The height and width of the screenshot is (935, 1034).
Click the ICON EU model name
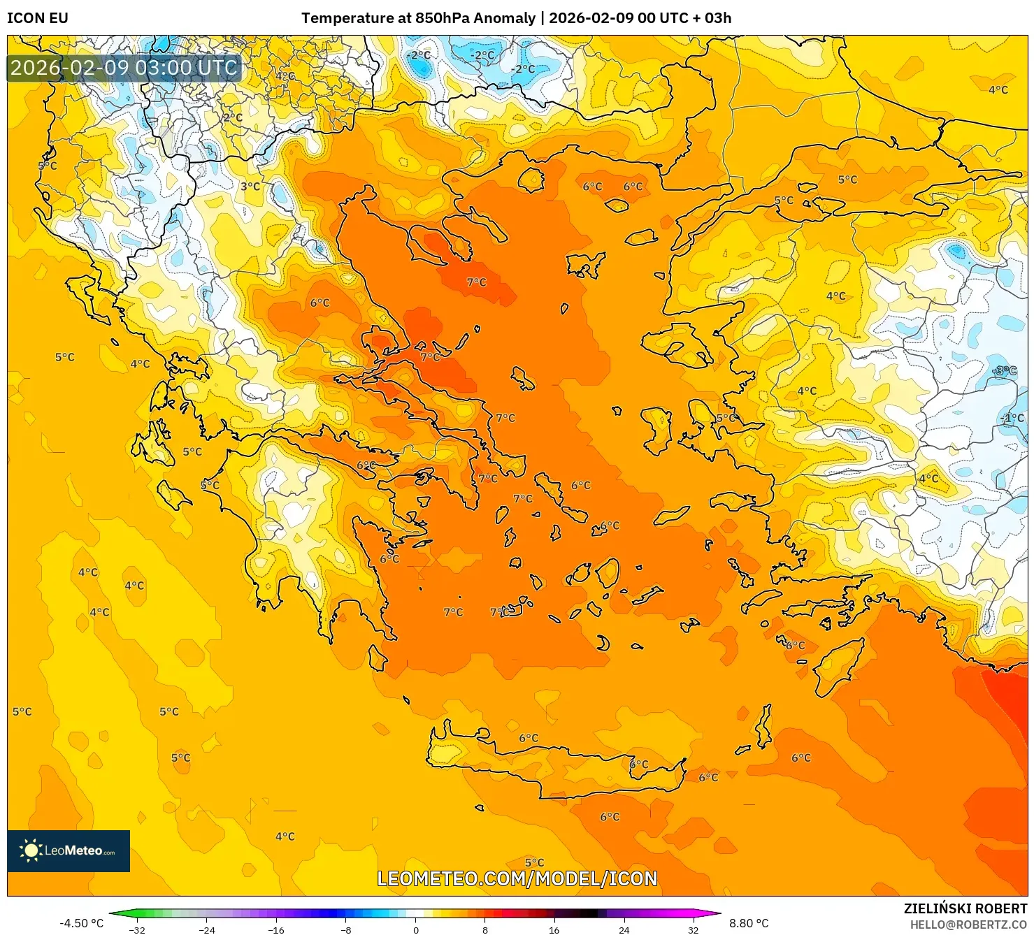coord(38,18)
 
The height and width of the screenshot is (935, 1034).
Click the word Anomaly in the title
coord(504,18)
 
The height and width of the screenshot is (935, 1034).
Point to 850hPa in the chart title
coord(443,18)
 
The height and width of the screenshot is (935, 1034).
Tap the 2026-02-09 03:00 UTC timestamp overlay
coord(124,68)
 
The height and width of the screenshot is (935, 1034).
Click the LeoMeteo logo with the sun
coord(69,850)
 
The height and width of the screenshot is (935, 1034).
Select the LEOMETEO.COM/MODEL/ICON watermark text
coord(517,878)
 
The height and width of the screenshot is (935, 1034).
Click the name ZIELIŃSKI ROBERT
coord(965,908)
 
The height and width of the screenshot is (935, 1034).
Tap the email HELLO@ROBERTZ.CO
coord(968,925)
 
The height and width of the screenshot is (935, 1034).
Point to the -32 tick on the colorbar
coord(137,929)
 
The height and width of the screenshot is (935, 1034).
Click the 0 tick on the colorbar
coord(416,929)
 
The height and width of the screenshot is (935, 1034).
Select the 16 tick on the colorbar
coord(554,929)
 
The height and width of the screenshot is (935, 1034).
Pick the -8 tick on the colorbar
coord(346,929)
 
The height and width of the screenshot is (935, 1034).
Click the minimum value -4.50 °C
coord(81,923)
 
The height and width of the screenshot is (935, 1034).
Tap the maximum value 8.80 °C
coord(749,923)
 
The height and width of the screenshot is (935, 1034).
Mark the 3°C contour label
coord(250,187)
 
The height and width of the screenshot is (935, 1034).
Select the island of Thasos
coord(531,180)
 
